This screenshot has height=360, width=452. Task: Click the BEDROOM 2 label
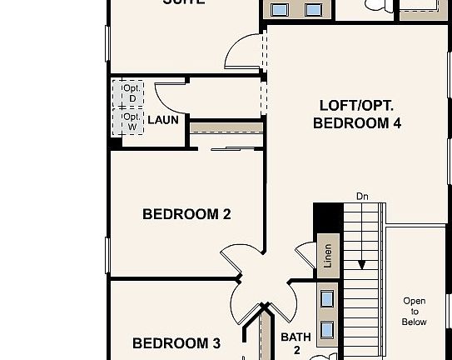coord(186,214)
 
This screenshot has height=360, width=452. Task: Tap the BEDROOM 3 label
coord(176,342)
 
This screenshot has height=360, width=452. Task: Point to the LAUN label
coord(163,120)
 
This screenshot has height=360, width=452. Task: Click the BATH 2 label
coord(296,343)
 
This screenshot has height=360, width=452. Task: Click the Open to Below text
coord(414,311)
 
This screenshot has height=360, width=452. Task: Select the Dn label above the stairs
coord(362,197)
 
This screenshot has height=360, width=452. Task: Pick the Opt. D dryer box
coord(132,93)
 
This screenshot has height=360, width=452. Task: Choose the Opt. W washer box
coord(132,122)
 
